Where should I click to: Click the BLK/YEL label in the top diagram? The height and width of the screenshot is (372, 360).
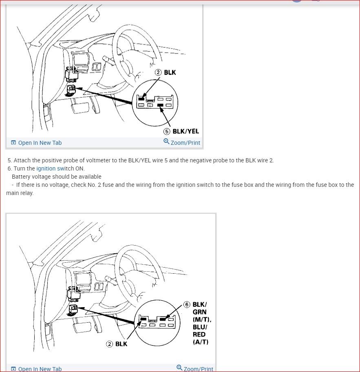pyautogui.click(x=186, y=131)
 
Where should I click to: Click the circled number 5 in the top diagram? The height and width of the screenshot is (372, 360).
pyautogui.click(x=167, y=131)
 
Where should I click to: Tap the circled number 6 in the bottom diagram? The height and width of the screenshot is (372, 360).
pyautogui.click(x=187, y=305)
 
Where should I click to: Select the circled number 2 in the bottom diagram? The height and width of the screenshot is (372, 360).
pyautogui.click(x=109, y=344)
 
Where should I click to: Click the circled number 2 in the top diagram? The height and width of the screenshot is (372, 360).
pyautogui.click(x=158, y=72)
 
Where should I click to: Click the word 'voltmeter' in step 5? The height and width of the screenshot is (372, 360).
pyautogui.click(x=100, y=160)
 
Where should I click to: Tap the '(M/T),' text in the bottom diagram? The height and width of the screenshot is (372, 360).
pyautogui.click(x=202, y=319)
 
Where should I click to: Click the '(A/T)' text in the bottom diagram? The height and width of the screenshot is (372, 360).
pyautogui.click(x=200, y=342)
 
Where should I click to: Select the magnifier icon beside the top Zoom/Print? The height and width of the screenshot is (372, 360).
pyautogui.click(x=166, y=142)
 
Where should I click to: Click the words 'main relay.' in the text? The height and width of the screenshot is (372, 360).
pyautogui.click(x=20, y=193)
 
